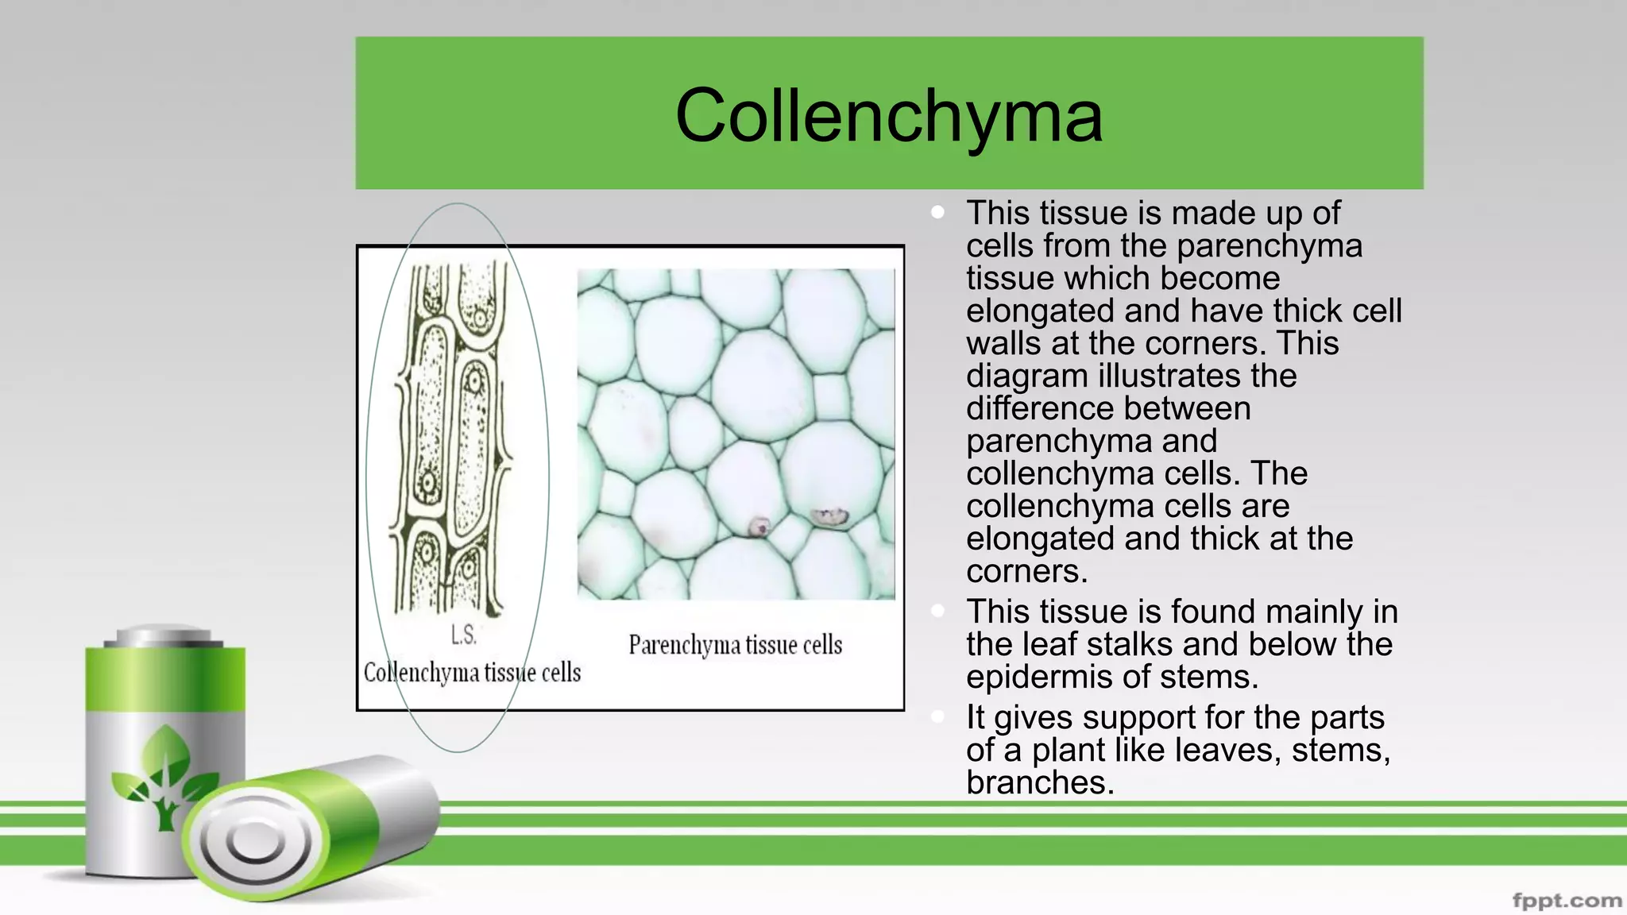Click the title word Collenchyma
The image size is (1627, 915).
point(888,116)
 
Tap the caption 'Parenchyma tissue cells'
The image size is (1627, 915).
point(735,645)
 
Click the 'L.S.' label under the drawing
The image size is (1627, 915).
point(464,635)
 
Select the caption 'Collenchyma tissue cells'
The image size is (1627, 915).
point(472,673)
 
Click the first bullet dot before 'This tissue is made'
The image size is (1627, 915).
point(938,212)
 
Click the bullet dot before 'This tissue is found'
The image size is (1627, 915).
point(938,611)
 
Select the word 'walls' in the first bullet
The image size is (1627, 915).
point(1003,344)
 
